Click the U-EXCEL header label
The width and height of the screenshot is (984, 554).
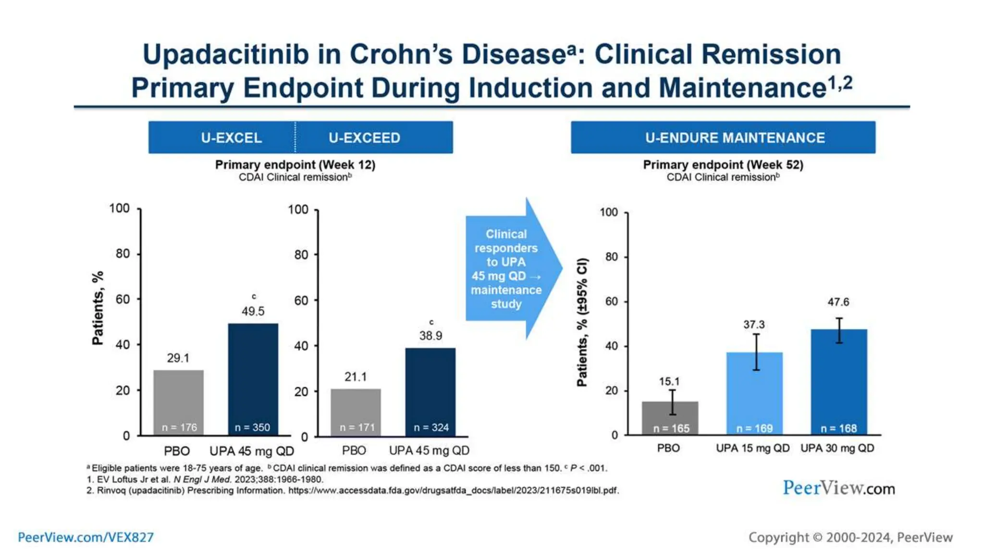[x=231, y=138]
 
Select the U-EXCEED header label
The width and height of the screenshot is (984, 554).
[x=364, y=138]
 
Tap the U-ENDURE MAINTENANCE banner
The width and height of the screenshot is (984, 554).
[x=735, y=138]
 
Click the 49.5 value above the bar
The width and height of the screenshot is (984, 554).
[x=253, y=311]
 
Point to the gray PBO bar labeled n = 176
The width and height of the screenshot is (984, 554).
[x=178, y=399]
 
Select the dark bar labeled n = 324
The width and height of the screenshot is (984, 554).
[x=430, y=390]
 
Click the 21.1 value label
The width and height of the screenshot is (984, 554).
[x=355, y=377]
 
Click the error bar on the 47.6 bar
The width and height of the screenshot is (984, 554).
[x=838, y=330]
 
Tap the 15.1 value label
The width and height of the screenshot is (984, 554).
[x=669, y=381]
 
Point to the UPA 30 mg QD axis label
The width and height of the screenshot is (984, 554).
[x=837, y=448]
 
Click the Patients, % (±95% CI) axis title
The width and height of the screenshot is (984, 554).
[x=582, y=322]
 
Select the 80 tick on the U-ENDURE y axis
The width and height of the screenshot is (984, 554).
[x=611, y=257]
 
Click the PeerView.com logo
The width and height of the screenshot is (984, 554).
[x=838, y=488]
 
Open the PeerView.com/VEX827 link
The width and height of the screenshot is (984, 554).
[x=86, y=537]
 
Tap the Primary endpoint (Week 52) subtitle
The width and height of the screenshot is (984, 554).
[x=723, y=164]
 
